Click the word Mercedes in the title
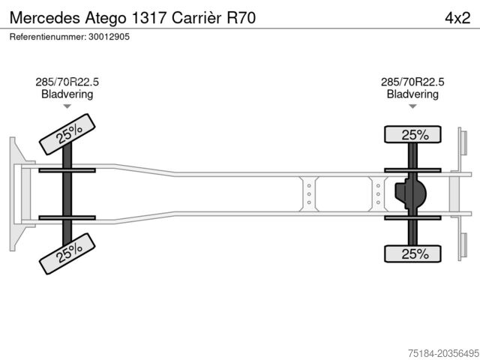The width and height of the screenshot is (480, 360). [x=45, y=18]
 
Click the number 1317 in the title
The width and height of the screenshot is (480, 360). [x=150, y=18]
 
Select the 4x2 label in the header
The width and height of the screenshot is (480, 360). [x=457, y=18]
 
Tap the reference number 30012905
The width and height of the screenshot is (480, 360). [x=109, y=37]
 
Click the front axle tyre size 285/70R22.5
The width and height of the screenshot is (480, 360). [x=67, y=82]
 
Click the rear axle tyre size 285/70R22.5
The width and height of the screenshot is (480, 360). [x=412, y=82]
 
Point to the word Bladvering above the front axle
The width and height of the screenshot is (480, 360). [x=67, y=94]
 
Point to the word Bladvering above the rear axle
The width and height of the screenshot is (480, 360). [x=412, y=94]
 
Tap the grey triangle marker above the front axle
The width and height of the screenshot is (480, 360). [x=67, y=106]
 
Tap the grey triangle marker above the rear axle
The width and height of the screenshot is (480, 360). [x=412, y=106]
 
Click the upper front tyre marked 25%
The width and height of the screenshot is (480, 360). [x=67, y=134]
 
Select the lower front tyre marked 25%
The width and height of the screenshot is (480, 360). [x=67, y=253]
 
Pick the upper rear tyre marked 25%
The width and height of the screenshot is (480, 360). [x=412, y=134]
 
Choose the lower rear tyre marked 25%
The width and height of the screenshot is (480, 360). [x=412, y=253]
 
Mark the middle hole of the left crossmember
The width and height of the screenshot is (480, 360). [x=309, y=194]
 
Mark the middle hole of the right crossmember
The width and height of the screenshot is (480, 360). [x=378, y=194]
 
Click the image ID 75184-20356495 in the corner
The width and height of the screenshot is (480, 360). [x=443, y=353]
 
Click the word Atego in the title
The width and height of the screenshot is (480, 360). [x=106, y=18]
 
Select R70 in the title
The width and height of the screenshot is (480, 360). [x=241, y=18]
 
